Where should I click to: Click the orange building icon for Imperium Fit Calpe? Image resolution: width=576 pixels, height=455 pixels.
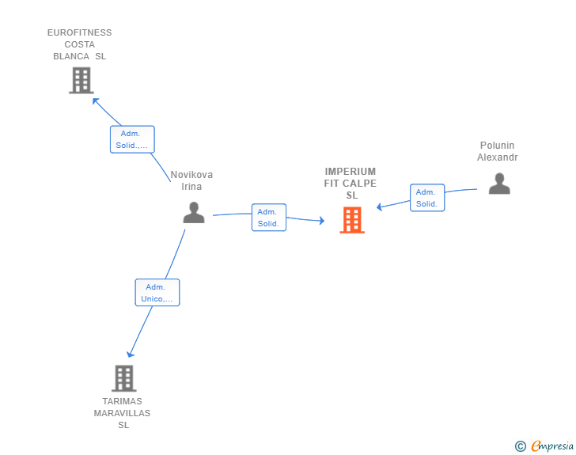352,220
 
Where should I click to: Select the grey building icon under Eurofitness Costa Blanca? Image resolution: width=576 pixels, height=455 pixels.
81,80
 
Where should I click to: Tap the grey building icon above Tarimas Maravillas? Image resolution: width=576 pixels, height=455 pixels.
124,378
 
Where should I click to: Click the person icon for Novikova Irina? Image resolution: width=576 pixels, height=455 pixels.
194,212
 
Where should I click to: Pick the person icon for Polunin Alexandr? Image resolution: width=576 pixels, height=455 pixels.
499,184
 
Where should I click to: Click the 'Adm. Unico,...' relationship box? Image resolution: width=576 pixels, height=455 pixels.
157,293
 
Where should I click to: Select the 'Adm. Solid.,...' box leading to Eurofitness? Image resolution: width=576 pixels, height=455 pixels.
132,139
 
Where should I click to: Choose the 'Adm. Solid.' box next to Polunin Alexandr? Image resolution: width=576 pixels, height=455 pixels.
427,198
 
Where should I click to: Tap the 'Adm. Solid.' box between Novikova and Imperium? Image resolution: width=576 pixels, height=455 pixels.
269,218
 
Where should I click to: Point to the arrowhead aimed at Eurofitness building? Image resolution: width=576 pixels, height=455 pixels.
95,100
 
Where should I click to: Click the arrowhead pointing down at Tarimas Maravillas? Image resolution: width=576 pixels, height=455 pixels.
130,355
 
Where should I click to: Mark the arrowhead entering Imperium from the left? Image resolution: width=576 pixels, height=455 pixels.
322,221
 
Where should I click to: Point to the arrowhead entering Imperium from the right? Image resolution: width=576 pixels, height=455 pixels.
380,207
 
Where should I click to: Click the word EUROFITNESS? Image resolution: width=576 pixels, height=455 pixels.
79,32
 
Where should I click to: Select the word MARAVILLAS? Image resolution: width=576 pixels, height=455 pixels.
122,414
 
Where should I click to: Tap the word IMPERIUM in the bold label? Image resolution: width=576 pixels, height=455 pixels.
350,172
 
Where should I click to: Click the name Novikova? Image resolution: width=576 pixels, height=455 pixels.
191,175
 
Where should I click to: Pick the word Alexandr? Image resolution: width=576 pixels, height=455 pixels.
498,157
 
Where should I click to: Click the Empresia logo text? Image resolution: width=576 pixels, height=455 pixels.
552,446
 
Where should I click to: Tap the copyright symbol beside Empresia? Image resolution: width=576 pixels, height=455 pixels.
520,446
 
